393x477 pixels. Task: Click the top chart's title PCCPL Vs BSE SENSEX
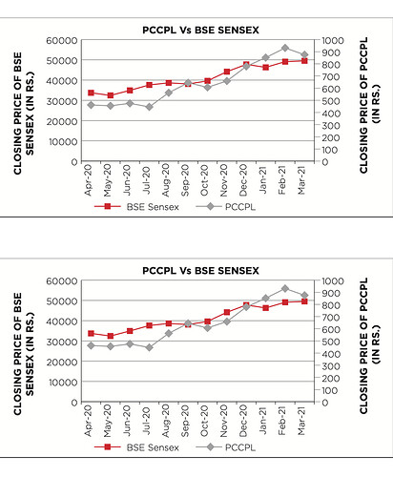click(x=200, y=31)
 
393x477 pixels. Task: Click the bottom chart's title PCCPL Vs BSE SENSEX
click(x=200, y=271)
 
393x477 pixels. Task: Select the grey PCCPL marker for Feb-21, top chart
click(x=285, y=48)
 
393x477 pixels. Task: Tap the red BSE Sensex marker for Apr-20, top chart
click(x=91, y=93)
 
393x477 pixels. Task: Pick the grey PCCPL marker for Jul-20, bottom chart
click(x=149, y=347)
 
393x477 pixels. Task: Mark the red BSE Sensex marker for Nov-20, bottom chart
click(x=227, y=312)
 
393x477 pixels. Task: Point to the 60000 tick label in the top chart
click(x=62, y=41)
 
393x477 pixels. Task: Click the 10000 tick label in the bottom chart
click(x=63, y=383)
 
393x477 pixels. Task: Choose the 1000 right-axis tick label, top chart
click(x=333, y=41)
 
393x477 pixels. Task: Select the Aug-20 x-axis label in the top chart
click(x=166, y=180)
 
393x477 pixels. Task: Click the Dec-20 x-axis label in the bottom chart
click(x=243, y=421)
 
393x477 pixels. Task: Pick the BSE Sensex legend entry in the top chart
click(x=136, y=207)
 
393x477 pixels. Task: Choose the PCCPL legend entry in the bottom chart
click(x=226, y=447)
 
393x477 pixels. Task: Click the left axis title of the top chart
click(x=24, y=114)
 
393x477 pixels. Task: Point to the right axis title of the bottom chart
click(x=369, y=345)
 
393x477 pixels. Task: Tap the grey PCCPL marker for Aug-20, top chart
click(x=169, y=93)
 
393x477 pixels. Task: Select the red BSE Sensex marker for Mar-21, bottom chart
click(x=304, y=301)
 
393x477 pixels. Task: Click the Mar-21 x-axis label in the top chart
click(x=301, y=180)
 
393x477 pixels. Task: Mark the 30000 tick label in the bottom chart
click(x=62, y=342)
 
